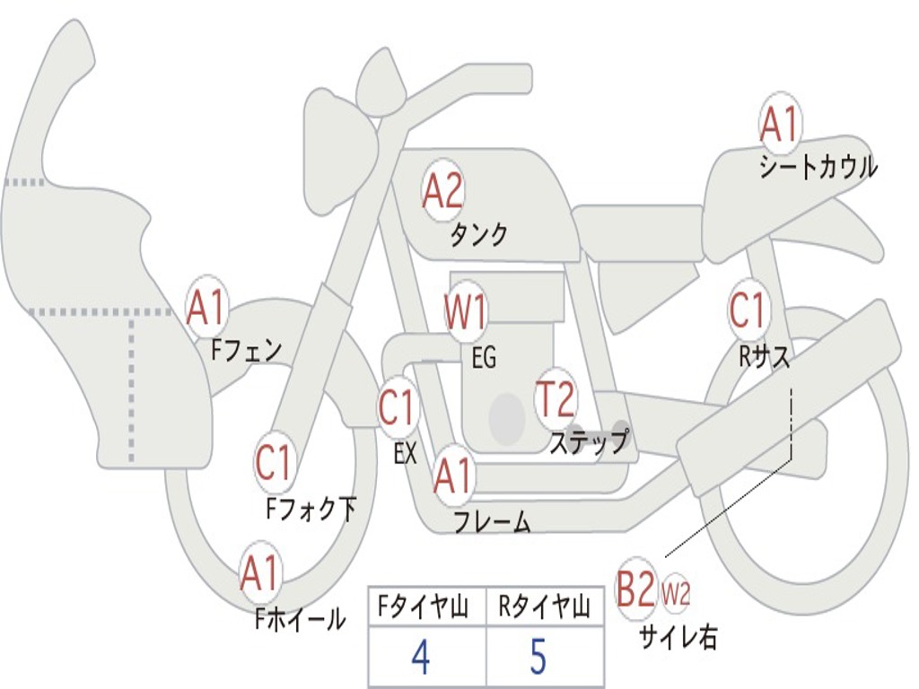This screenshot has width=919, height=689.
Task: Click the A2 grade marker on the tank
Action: [x=442, y=191]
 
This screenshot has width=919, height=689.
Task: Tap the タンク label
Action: [x=478, y=235]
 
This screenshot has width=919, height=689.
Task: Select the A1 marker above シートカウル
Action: [x=778, y=126]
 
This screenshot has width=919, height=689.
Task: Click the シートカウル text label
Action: [x=818, y=168]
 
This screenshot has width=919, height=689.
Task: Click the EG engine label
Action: [x=484, y=358]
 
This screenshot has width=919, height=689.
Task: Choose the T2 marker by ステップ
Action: [x=555, y=399]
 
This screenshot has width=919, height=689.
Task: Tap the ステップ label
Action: [x=589, y=442]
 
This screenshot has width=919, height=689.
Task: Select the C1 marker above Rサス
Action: [x=747, y=310]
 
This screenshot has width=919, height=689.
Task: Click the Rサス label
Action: [x=765, y=356]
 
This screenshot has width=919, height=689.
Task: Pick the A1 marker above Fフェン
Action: [x=206, y=308]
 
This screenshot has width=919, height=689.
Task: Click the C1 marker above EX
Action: [x=397, y=408]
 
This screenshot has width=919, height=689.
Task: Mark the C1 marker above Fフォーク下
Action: [x=274, y=464]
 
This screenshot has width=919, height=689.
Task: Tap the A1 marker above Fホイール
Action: [x=259, y=574]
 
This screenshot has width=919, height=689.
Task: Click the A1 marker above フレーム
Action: [x=452, y=475]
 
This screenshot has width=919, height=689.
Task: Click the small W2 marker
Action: [x=676, y=594]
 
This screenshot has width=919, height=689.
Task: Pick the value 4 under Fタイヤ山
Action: [x=420, y=658]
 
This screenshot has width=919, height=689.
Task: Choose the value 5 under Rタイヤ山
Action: [x=538, y=658]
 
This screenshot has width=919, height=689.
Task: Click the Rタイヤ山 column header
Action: [x=545, y=608]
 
